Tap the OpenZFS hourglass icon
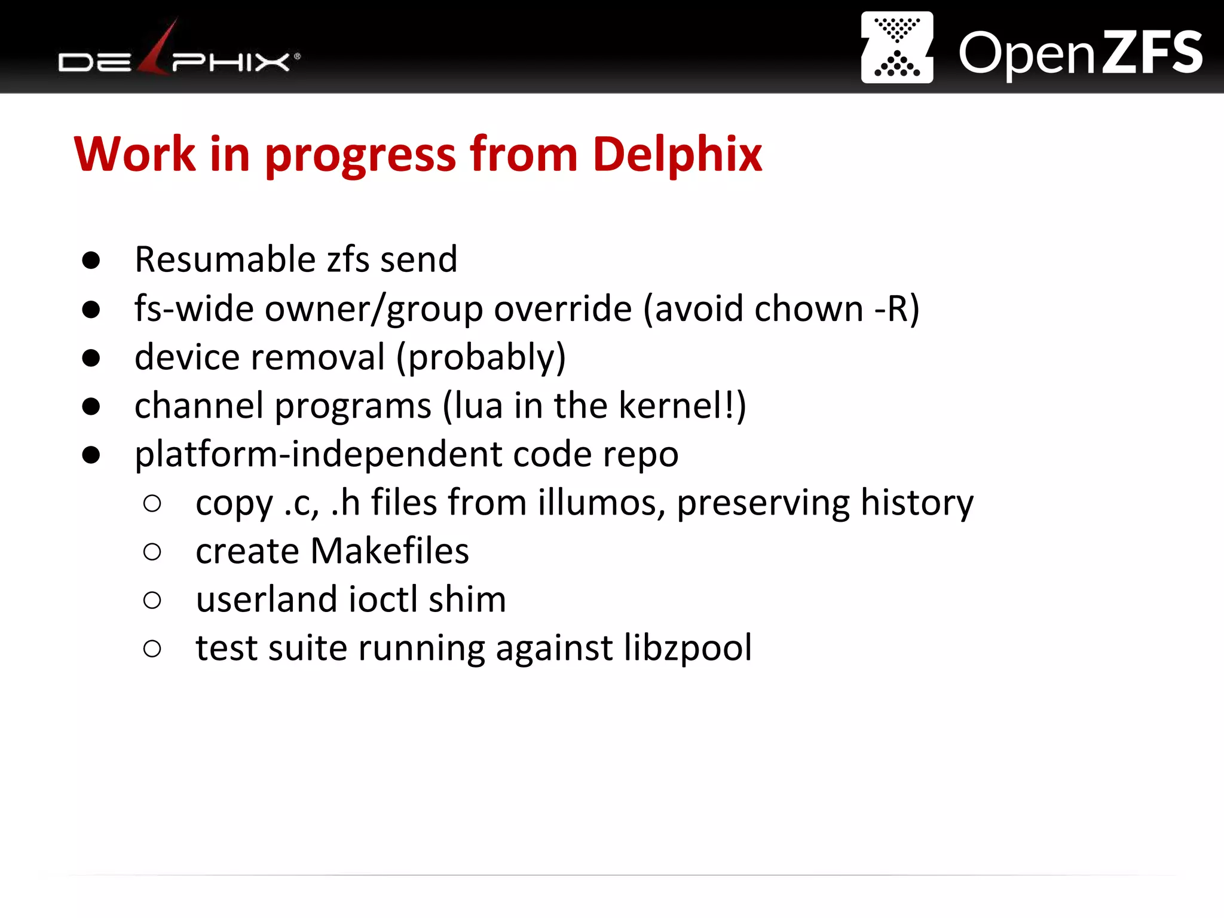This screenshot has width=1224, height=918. [896, 47]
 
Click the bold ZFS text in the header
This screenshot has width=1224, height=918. [1152, 53]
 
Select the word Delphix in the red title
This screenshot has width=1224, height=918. [677, 155]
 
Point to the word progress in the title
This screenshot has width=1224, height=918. [361, 155]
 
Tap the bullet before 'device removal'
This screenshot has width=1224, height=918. [91, 358]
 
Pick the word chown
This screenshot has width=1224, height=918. [809, 309]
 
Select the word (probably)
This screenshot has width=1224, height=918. [481, 357]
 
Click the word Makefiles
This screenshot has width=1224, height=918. [390, 551]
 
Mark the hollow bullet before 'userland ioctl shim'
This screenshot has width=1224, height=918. [152, 600]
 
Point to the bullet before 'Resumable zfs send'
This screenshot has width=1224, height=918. [91, 261]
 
